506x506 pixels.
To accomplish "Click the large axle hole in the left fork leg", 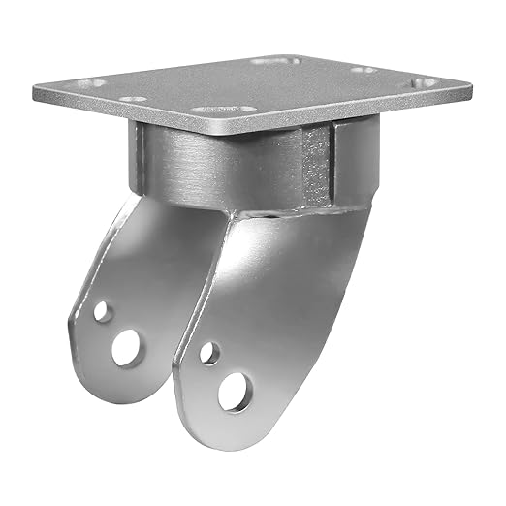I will [x=126, y=347].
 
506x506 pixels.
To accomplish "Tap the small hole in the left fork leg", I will [x=102, y=312].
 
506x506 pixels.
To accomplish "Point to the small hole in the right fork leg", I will [x=209, y=354].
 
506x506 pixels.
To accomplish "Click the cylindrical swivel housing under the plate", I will [x=233, y=165].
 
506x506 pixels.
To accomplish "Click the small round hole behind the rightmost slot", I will [x=360, y=71].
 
